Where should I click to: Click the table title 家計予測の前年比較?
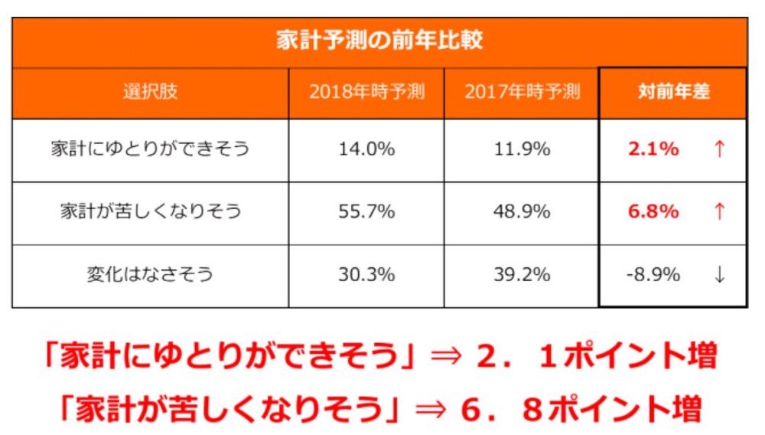379,41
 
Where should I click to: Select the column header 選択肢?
150,92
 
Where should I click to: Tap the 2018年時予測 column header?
366,92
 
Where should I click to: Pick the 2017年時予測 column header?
522,92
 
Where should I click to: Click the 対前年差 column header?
673,92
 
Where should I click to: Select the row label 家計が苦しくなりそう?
150,211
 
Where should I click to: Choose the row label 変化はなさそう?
150,274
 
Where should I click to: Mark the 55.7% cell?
366,211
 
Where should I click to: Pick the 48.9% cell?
522,211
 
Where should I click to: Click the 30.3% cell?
366,274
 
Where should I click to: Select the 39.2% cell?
522,274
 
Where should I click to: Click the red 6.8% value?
653,211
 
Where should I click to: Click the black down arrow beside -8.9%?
719,274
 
